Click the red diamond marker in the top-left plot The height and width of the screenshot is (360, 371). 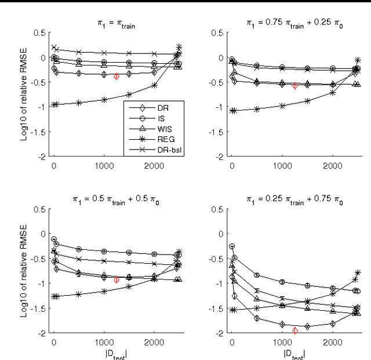click(x=117, y=76)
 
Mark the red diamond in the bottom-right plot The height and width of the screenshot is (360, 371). click(x=295, y=331)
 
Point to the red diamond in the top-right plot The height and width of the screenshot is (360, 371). click(x=295, y=86)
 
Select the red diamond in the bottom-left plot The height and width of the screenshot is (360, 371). click(x=117, y=279)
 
